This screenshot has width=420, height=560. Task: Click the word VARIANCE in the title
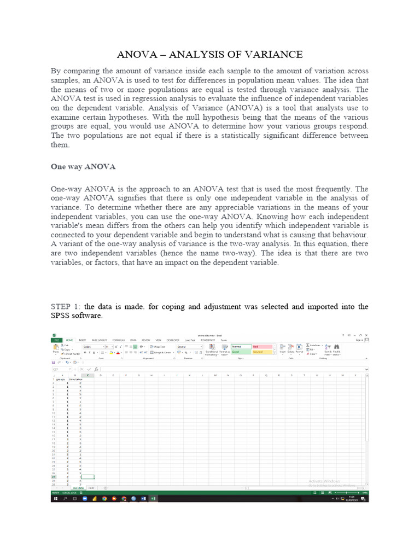(276, 54)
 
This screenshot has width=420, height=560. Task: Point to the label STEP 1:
(66, 306)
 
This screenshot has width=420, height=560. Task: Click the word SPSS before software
(62, 316)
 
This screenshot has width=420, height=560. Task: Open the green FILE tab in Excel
(56, 340)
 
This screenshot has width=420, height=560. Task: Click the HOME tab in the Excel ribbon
(69, 340)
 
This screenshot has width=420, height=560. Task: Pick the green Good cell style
(241, 352)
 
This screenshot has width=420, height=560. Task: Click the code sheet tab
(91, 487)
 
